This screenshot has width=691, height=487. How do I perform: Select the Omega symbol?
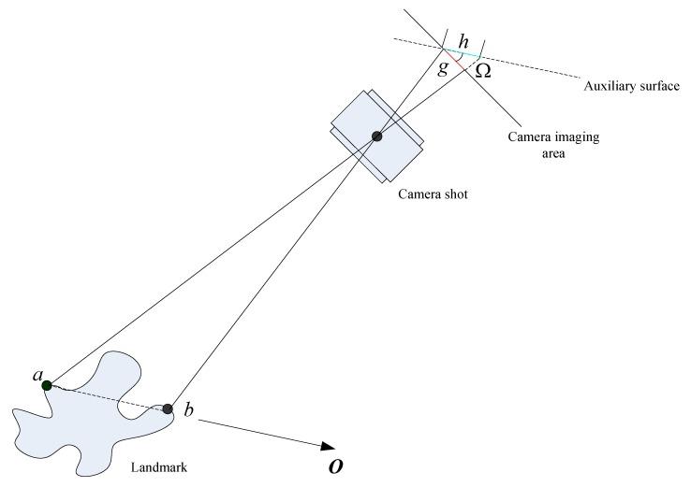point(483,71)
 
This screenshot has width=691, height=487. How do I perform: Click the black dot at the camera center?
point(377,136)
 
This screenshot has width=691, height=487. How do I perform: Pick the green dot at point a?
point(46,384)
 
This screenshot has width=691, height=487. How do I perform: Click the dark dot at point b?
point(168,408)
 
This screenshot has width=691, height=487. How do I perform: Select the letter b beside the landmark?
point(188,411)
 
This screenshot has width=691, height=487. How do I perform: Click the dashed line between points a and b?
point(108,396)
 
